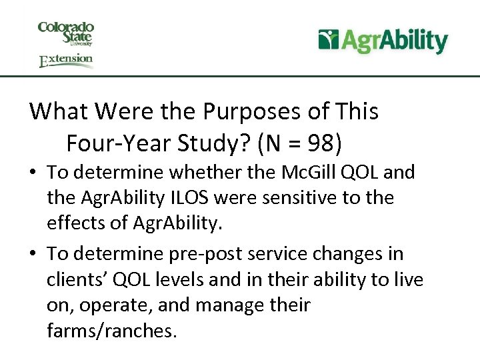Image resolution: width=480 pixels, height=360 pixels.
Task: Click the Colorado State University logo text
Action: pos(66,33)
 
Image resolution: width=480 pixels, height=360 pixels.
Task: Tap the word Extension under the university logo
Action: pos(66,61)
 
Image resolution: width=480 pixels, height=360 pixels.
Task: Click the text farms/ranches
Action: pos(111,331)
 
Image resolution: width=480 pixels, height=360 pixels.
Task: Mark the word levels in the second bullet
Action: pos(183,280)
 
